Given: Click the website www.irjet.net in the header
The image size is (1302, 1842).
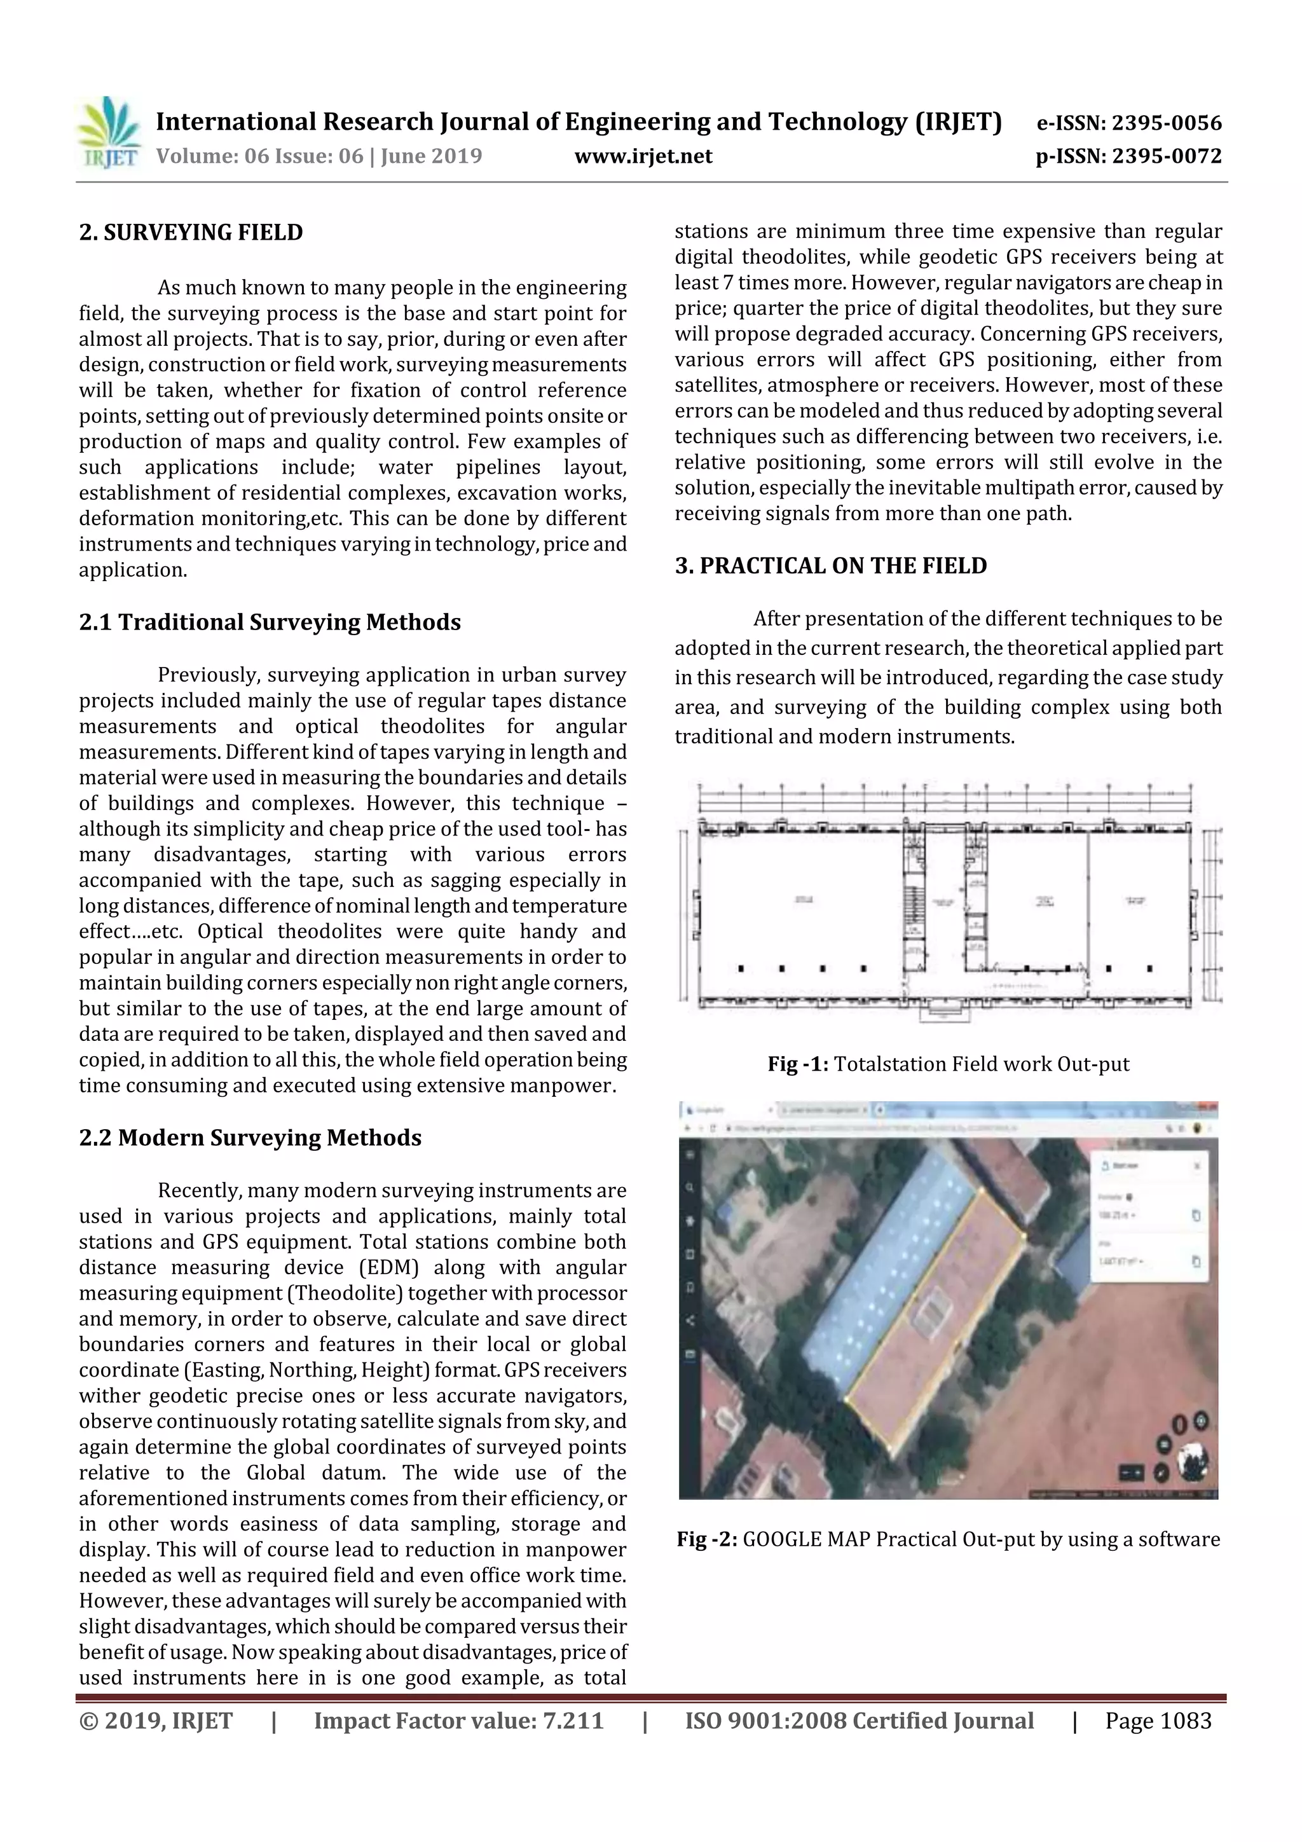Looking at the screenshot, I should pos(643,156).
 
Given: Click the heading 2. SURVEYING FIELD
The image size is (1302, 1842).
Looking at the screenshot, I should pos(191,233).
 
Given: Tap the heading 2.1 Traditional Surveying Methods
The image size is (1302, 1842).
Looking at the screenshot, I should pos(270,622).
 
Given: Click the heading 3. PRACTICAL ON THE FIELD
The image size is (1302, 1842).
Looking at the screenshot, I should pos(830,566).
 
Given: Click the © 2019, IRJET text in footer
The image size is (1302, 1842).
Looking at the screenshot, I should pos(156,1721).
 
